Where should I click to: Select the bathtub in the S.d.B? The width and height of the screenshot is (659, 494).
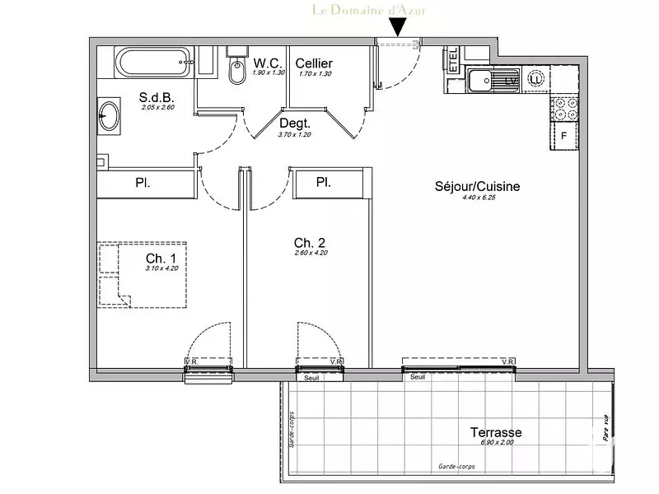point(154,63)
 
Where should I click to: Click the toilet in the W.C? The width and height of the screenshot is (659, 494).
point(236,72)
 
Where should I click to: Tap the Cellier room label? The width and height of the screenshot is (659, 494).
point(314,63)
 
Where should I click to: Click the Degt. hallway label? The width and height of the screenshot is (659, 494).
point(293,123)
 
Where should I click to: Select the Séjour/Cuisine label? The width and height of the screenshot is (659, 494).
point(478,187)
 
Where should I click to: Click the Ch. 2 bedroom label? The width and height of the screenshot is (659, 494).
point(310,242)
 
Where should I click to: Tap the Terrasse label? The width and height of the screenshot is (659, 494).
point(496,432)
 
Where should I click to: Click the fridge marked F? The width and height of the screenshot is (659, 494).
point(565,137)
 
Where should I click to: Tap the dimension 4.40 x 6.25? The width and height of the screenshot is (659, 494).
point(478,198)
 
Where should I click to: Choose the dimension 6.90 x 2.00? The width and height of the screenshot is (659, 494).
point(496,444)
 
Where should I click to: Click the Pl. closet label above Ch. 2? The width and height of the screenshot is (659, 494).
point(324,182)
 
